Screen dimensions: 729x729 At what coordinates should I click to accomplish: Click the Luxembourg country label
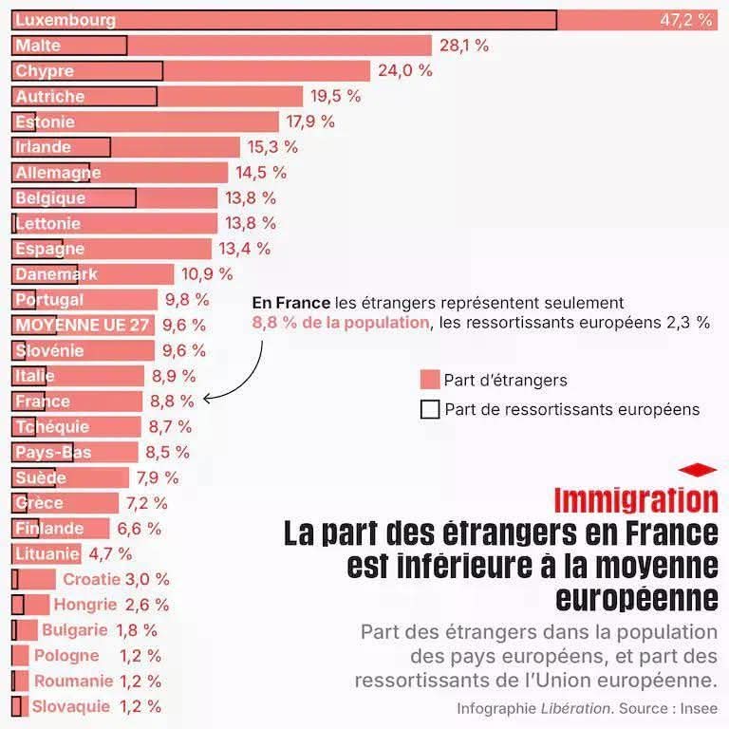pos(65,20)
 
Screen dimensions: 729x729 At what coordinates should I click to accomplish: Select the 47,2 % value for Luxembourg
pos(685,20)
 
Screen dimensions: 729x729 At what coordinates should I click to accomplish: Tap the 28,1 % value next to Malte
pos(464,46)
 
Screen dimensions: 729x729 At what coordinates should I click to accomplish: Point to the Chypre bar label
pos(45,71)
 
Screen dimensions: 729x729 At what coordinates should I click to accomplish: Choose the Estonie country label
pos(45,121)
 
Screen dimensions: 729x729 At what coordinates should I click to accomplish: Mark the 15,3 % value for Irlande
pos(272,147)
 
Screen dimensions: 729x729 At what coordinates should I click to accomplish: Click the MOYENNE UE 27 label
pos(83,325)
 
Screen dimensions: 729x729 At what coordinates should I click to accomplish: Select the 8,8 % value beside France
pos(173,402)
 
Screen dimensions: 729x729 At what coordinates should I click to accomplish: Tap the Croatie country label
pos(91,579)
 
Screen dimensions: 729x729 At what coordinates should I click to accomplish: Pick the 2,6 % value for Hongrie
pos(147,605)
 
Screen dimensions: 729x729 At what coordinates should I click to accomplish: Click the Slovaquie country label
pos(71,706)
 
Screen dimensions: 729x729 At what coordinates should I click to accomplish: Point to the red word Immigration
pos(635,500)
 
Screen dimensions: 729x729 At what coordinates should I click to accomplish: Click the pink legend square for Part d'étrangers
pos(429,380)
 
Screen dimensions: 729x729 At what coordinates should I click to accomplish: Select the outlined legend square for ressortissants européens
pos(429,409)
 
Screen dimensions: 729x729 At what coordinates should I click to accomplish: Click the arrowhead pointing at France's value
pos(207,399)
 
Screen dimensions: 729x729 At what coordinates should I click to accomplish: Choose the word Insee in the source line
pos(698,708)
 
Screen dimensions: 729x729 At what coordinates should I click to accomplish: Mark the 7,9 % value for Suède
pos(158,477)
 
